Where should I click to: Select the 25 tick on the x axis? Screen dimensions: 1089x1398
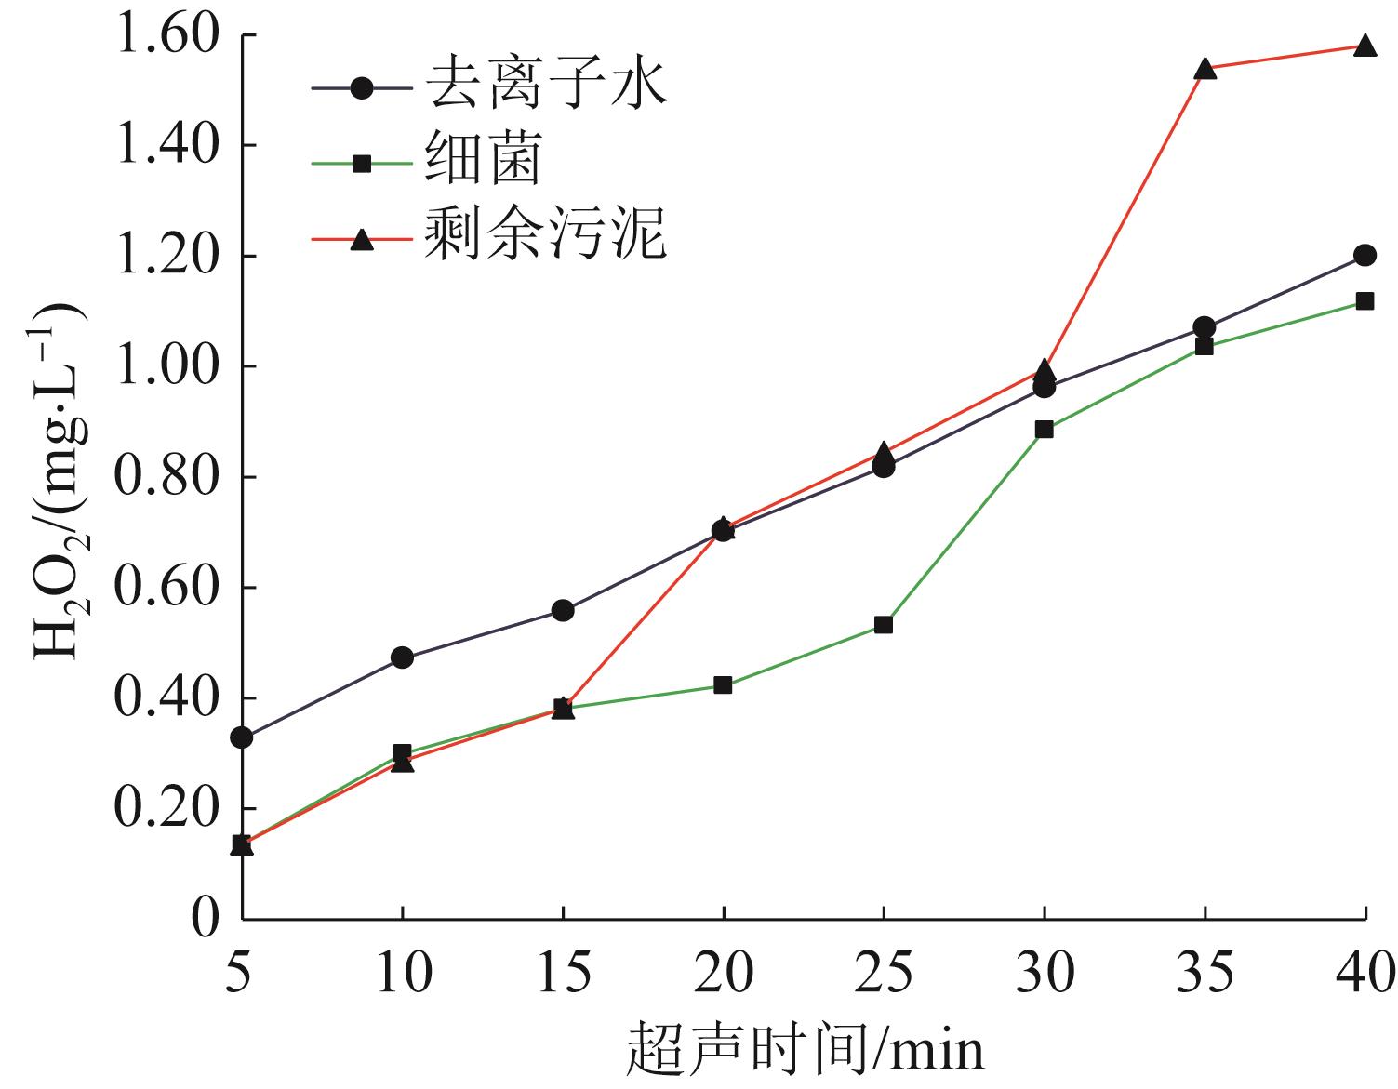tap(884, 973)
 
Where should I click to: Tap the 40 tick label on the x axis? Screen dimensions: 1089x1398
tap(1365, 973)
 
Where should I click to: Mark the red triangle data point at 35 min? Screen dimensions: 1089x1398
tap(1205, 68)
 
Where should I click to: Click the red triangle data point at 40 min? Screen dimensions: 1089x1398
tap(1365, 46)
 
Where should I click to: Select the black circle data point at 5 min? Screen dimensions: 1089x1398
tap(242, 737)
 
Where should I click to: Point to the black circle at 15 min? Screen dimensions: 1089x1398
tap(563, 611)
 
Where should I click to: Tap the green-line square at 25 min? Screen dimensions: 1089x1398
tap(884, 625)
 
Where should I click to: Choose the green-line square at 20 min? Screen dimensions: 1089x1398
tap(723, 685)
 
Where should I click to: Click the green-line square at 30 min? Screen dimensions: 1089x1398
tap(1044, 430)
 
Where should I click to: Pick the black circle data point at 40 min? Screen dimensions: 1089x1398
tap(1365, 256)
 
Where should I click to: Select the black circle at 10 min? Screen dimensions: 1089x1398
tap(402, 658)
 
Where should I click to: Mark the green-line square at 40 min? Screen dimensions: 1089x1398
tap(1365, 301)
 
